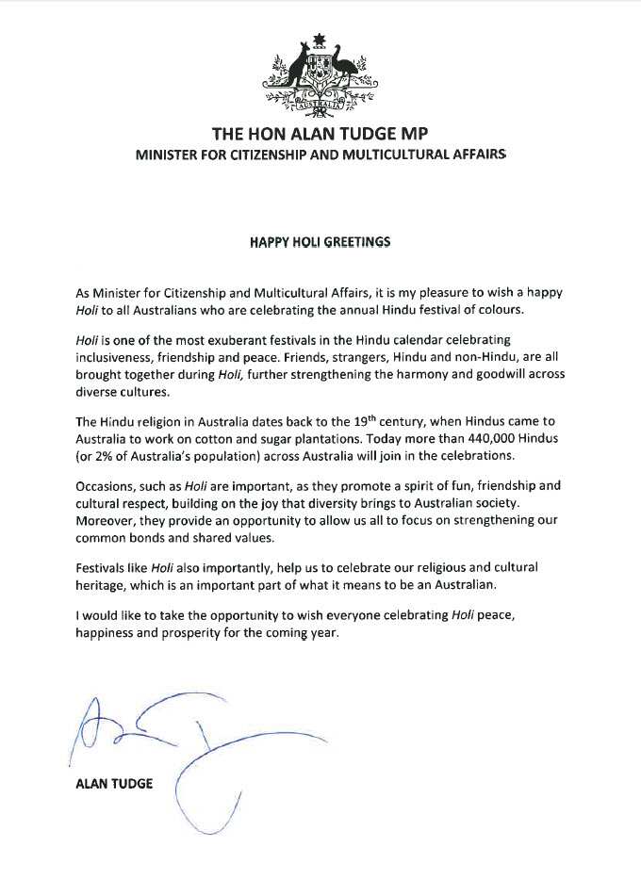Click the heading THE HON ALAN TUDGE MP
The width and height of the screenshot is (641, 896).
point(320,133)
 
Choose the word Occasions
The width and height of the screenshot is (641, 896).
point(107,486)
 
